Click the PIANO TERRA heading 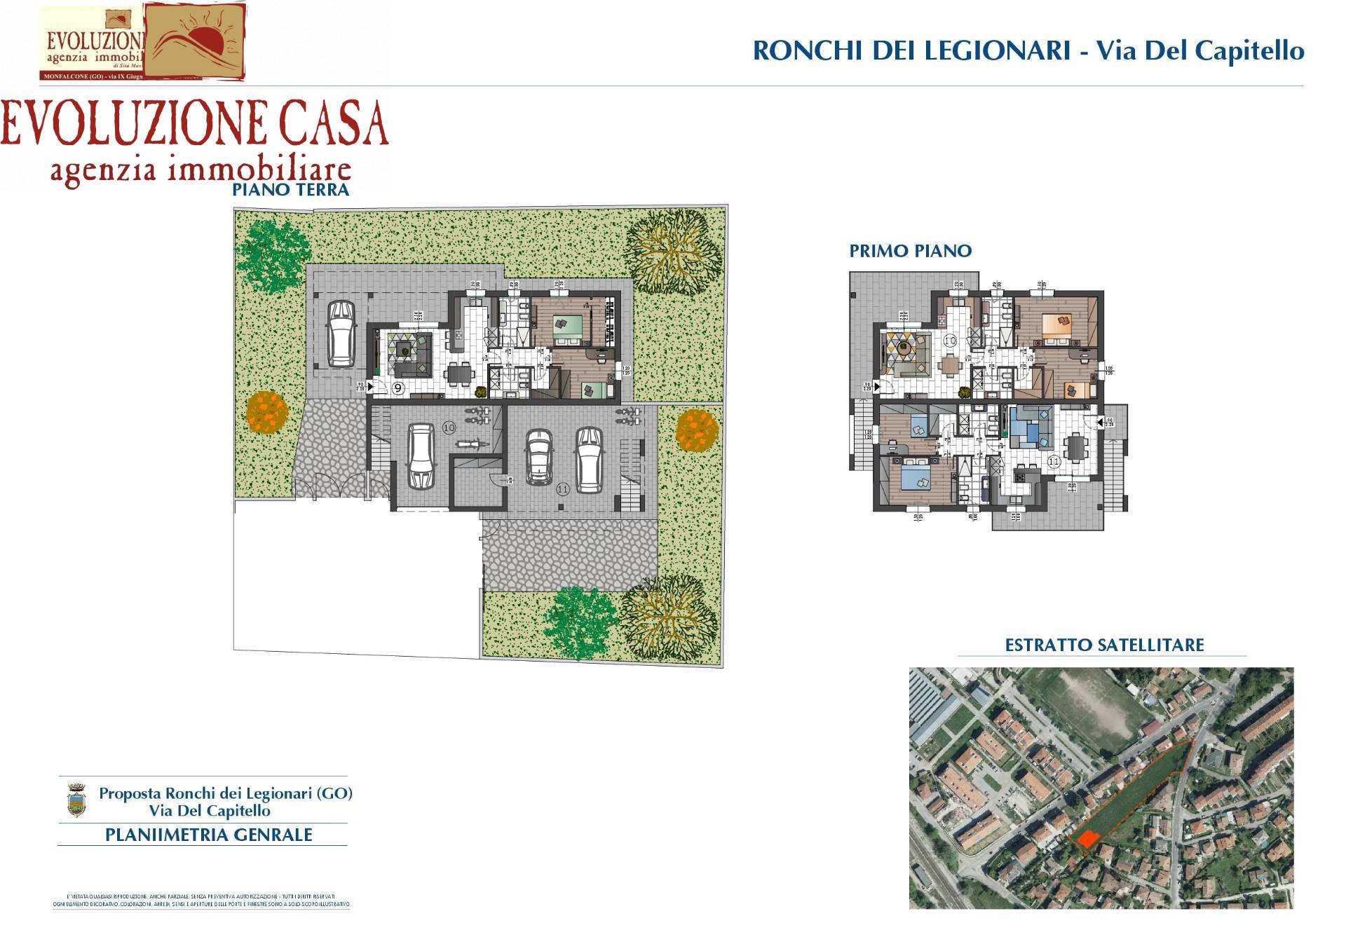(x=290, y=189)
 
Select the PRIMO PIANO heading (x=910, y=251)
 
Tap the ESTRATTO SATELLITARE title (x=1104, y=645)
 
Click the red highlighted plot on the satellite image (x=1087, y=839)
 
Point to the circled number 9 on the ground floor (x=398, y=387)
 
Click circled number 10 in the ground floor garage (x=449, y=427)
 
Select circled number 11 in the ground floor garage (x=562, y=489)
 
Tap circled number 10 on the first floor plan (x=950, y=341)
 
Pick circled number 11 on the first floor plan (x=1054, y=462)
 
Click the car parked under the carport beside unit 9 (x=341, y=334)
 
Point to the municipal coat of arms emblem (x=76, y=800)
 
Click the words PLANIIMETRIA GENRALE (x=208, y=835)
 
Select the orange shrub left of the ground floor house (x=267, y=412)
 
